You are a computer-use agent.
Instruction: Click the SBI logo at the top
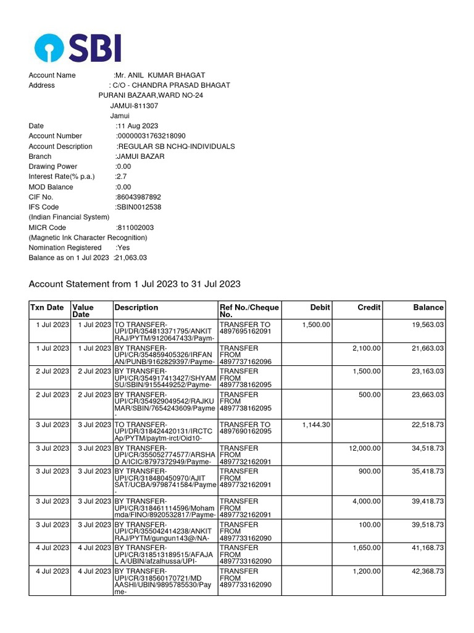pos(78,48)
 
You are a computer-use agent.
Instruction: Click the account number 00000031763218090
pos(151,136)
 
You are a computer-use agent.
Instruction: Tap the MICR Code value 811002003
pos(135,227)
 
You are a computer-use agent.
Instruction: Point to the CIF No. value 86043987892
pos(135,197)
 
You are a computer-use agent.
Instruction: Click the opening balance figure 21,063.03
pos(131,258)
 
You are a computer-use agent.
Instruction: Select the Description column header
pos(136,307)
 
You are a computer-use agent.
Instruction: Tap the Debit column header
pos(320,307)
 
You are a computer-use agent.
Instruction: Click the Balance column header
pos(428,307)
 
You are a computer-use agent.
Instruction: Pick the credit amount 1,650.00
pos(367,548)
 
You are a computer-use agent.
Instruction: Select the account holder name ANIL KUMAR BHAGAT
pos(161,75)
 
